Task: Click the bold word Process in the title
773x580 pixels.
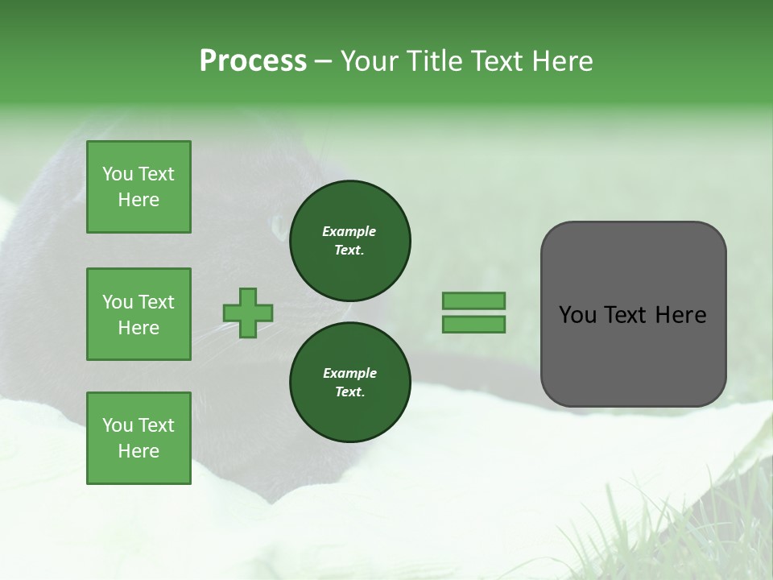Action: coord(253,61)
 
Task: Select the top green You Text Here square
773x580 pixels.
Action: coord(138,187)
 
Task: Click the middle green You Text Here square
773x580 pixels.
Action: coord(138,314)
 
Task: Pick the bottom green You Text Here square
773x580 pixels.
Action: coord(138,438)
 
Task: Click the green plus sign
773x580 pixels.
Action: coord(248,313)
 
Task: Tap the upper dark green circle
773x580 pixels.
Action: coord(349,240)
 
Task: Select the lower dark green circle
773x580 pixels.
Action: coord(349,382)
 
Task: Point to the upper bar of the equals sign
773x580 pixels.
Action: coord(473,300)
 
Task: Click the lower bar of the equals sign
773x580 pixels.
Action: coord(473,324)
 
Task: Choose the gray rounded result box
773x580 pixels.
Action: coord(633,314)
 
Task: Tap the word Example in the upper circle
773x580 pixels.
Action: coord(349,231)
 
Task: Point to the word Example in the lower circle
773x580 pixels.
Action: coord(349,373)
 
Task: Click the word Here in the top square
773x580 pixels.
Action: coord(138,200)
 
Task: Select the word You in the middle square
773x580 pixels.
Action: coord(117,302)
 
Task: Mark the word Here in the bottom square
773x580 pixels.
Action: coord(138,451)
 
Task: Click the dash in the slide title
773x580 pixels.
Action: coord(323,61)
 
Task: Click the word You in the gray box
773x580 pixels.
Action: coord(577,315)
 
